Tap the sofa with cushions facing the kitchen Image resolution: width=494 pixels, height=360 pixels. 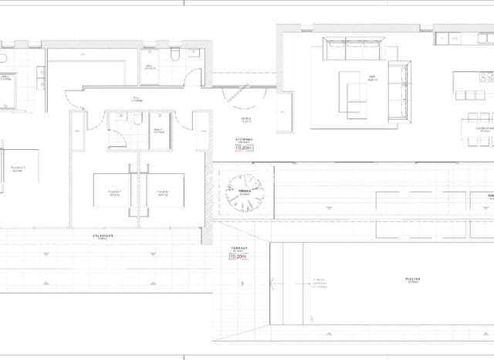398,92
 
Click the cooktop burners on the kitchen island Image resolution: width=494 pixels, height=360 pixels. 486,78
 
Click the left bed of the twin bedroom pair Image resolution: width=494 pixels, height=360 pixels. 113,190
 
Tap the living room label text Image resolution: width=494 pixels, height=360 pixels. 371,78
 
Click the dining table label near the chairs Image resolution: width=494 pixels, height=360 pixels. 484,128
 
